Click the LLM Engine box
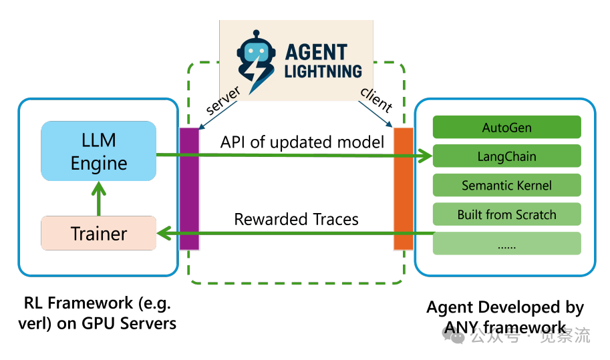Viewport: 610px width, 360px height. pyautogui.click(x=98, y=151)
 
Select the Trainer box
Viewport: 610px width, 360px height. pyautogui.click(x=98, y=233)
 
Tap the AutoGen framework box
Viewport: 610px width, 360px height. pyautogui.click(x=506, y=127)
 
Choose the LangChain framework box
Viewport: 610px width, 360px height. pyautogui.click(x=506, y=157)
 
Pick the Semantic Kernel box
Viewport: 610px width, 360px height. pyautogui.click(x=506, y=186)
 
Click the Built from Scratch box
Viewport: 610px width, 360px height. pyautogui.click(x=506, y=214)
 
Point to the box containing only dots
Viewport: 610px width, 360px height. pyautogui.click(x=506, y=244)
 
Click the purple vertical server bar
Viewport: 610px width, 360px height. pyautogui.click(x=190, y=188)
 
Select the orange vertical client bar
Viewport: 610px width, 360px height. pyautogui.click(x=404, y=188)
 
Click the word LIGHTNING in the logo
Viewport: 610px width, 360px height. pyautogui.click(x=323, y=70)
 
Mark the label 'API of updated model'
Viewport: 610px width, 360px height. pyautogui.click(x=302, y=142)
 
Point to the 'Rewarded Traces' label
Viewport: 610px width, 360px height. pyautogui.click(x=296, y=219)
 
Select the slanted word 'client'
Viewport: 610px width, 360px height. pyautogui.click(x=376, y=100)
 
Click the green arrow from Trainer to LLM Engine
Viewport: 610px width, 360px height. pyautogui.click(x=99, y=199)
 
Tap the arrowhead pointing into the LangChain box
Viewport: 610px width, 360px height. pyautogui.click(x=426, y=157)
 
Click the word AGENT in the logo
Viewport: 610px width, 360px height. pyautogui.click(x=316, y=51)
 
